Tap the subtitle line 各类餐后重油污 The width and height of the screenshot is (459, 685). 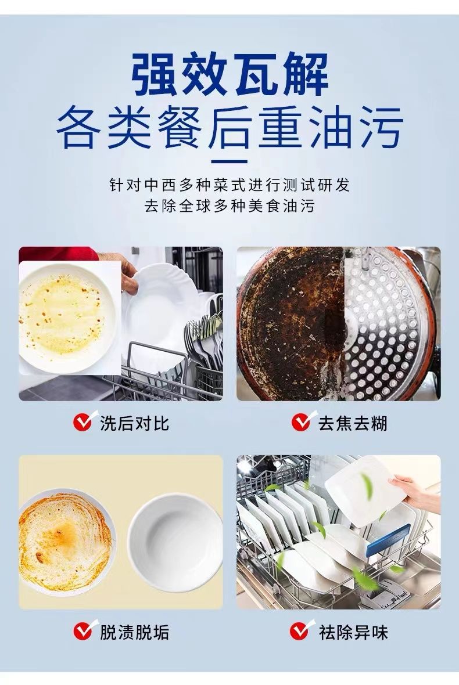click(229, 128)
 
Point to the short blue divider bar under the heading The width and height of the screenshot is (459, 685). click(229, 161)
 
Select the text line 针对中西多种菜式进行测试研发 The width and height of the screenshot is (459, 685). click(229, 185)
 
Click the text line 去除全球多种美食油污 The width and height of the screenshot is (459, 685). click(229, 205)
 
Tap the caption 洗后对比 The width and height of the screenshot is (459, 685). click(134, 423)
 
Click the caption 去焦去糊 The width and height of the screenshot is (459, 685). click(352, 423)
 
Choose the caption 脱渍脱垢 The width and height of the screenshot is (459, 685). click(134, 632)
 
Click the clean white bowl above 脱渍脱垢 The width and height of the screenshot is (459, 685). click(175, 542)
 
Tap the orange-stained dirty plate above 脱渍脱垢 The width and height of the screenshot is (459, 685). click(66, 542)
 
